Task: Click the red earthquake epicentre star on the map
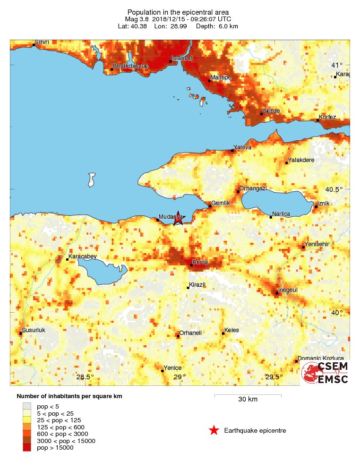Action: (178, 218)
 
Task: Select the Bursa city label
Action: (200, 262)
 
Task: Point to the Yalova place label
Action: (243, 147)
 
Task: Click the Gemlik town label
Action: (220, 203)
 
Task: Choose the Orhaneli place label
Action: (190, 333)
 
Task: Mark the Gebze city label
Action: (271, 111)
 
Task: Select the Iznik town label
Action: (324, 203)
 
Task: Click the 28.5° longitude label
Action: (85, 376)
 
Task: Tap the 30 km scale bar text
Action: (248, 400)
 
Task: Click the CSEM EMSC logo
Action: (326, 373)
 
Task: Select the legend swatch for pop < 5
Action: (27, 405)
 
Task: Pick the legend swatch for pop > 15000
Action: (27, 447)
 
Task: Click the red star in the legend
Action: (214, 430)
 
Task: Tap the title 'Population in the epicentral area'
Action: (178, 12)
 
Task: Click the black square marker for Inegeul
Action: (277, 293)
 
